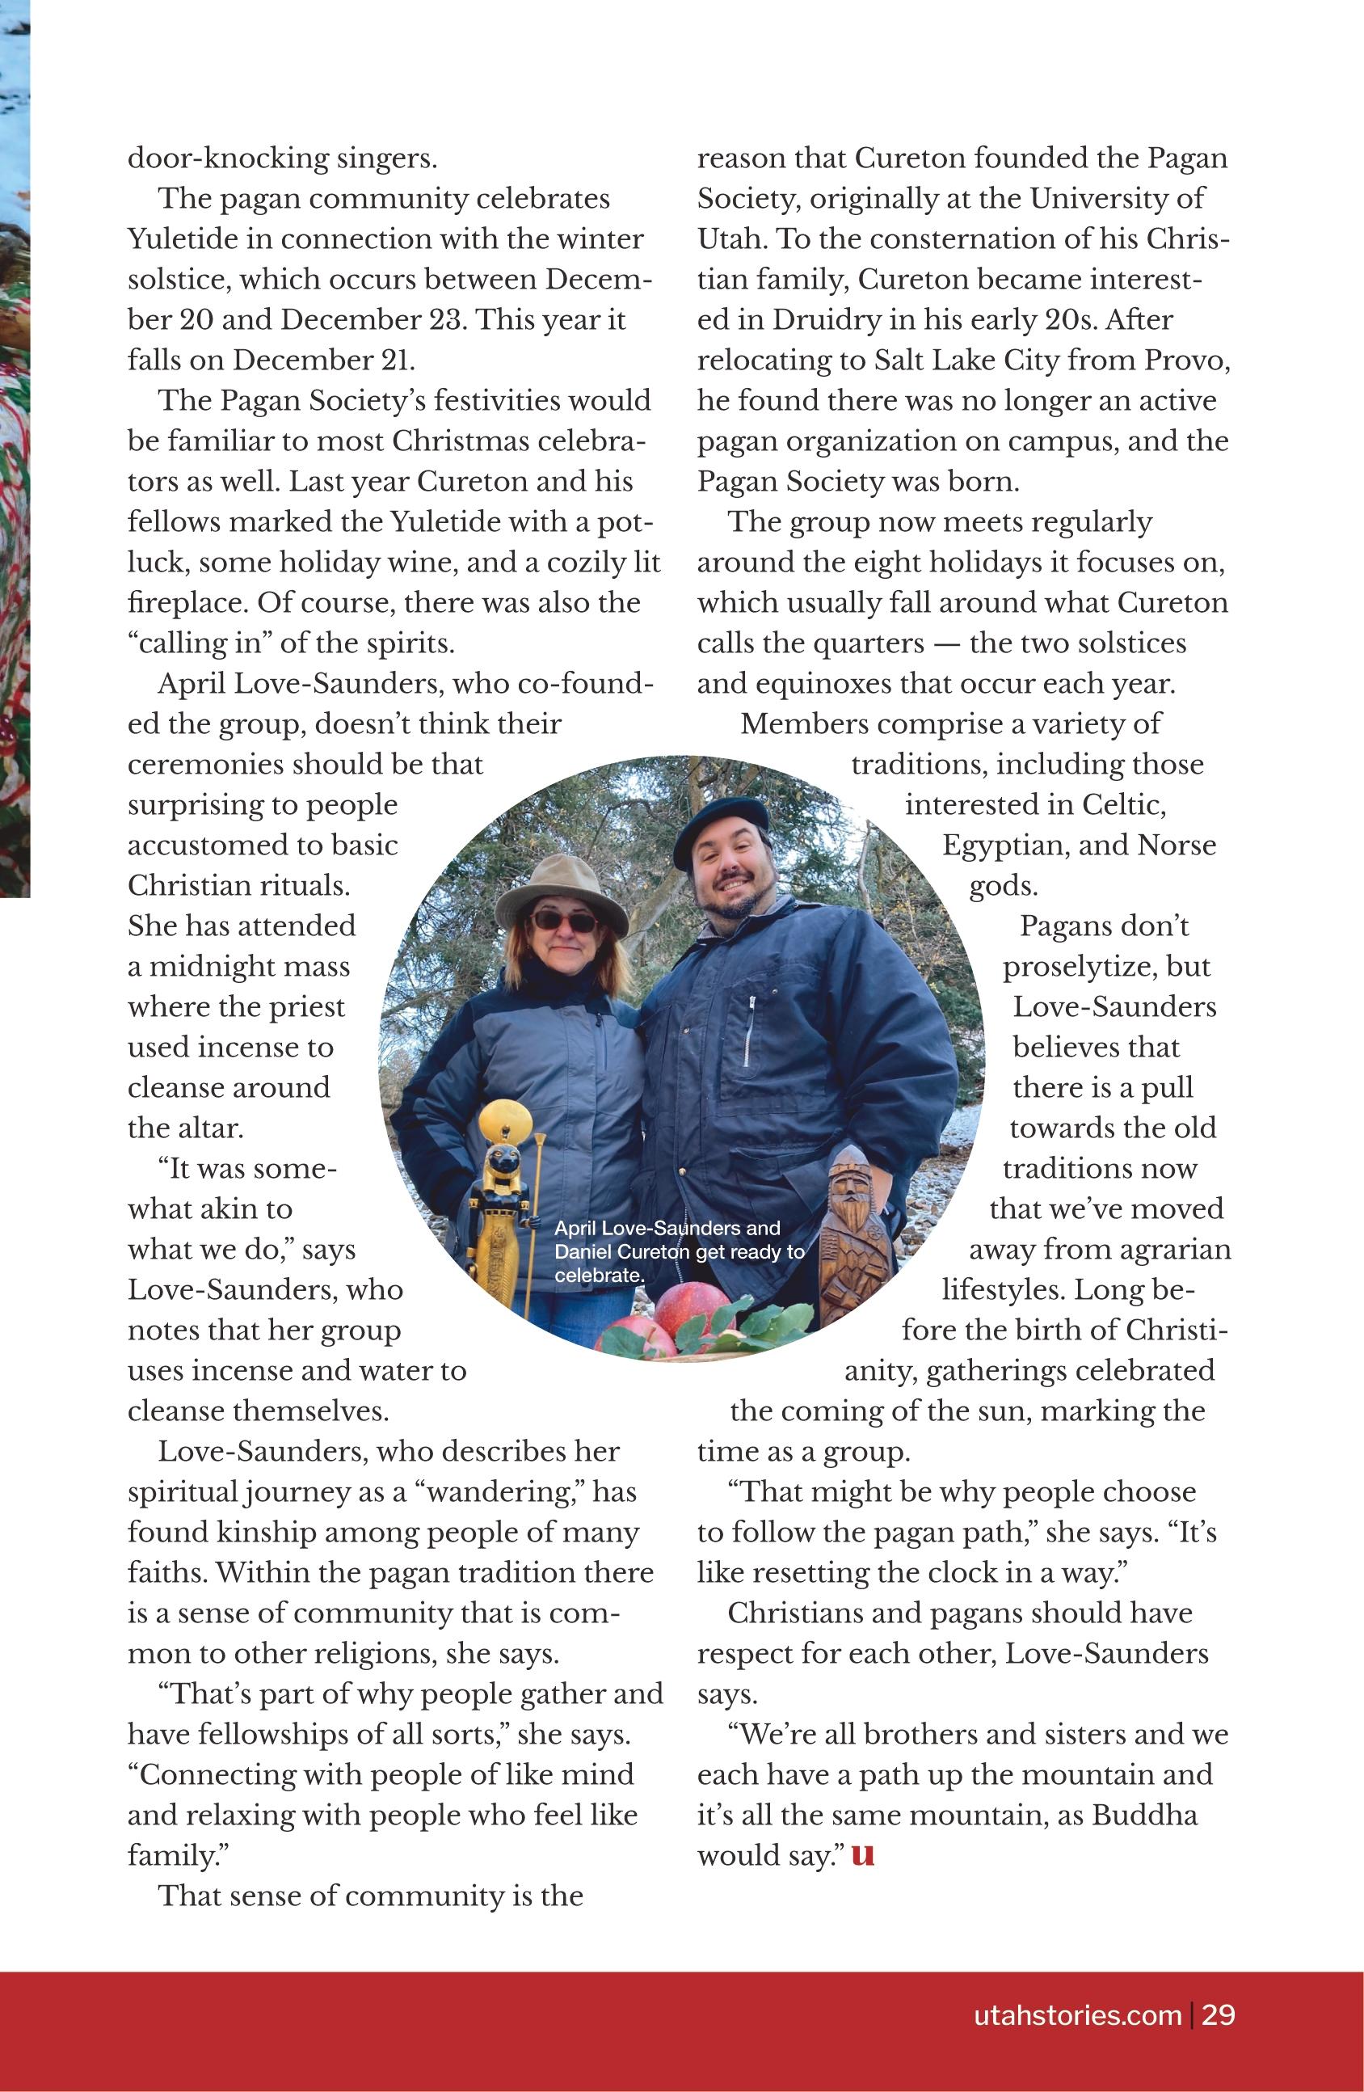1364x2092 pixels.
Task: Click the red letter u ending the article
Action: (x=863, y=1855)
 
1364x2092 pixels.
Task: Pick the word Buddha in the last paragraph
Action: (x=1144, y=1815)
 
